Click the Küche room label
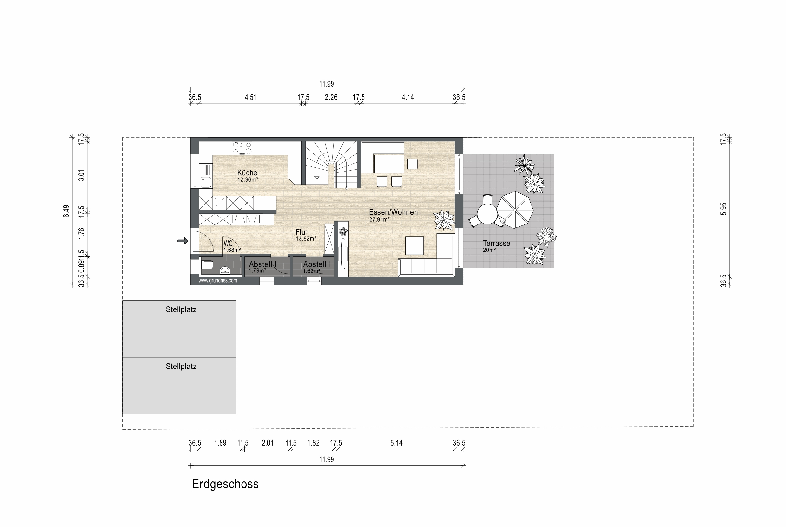[247, 173]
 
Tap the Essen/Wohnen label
[393, 212]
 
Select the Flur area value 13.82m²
[306, 239]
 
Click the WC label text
[228, 244]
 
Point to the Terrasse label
[496, 243]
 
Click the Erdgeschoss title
[225, 484]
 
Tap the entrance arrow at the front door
[183, 241]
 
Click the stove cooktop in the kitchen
[242, 148]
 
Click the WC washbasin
[225, 270]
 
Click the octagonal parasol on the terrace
[515, 210]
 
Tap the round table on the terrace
[487, 214]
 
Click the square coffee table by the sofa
[415, 246]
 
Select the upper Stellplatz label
[181, 309]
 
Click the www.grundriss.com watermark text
[218, 280]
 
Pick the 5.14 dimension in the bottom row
[396, 443]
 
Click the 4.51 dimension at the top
[251, 97]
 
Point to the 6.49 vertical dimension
[67, 211]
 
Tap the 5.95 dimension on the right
[724, 209]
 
